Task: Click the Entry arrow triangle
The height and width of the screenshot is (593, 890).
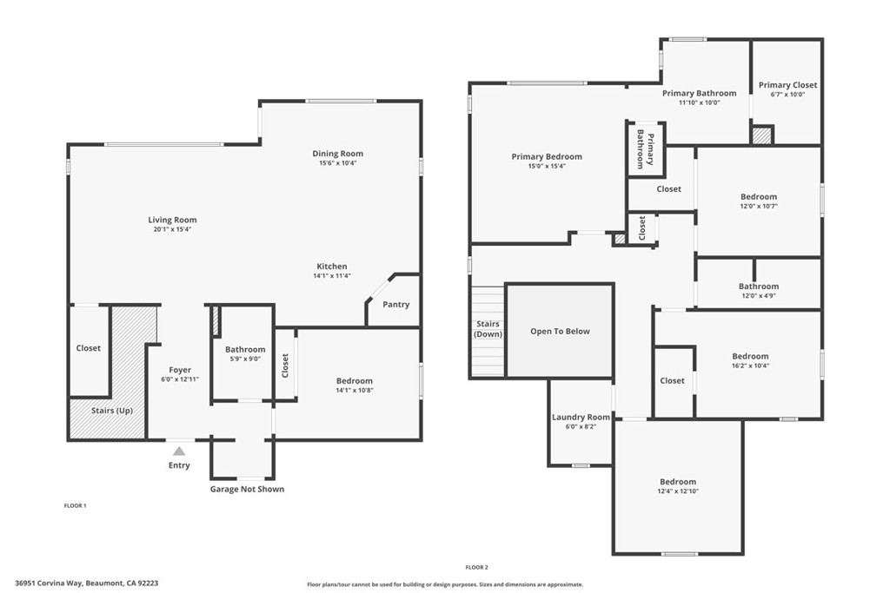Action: (179, 451)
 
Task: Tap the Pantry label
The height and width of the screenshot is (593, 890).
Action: (395, 305)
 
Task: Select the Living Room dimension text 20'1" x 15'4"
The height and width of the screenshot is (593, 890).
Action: (172, 229)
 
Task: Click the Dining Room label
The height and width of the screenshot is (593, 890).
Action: (338, 153)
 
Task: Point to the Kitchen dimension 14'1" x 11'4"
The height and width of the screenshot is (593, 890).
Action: (332, 276)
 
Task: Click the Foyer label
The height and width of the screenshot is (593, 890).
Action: (180, 370)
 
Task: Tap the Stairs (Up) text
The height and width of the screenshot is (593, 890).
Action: (112, 411)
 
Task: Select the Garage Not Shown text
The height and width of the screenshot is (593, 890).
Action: (247, 489)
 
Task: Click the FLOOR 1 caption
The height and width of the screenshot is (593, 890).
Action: (75, 505)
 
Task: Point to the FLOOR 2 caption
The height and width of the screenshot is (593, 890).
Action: (477, 567)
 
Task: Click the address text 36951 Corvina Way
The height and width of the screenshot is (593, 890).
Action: (50, 583)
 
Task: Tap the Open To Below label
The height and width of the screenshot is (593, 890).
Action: (561, 331)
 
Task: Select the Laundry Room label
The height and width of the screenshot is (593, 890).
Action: (581, 418)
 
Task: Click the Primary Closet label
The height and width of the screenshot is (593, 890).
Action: (787, 85)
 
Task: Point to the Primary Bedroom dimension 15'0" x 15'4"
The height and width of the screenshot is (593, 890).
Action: (547, 166)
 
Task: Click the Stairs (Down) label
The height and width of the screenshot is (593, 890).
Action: (488, 329)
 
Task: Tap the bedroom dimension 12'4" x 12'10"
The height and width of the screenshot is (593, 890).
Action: (678, 491)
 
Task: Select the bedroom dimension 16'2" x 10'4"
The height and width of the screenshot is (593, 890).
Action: (750, 366)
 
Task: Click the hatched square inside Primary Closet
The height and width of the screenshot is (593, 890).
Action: (761, 135)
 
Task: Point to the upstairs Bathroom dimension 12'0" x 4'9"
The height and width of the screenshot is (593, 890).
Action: (759, 296)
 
